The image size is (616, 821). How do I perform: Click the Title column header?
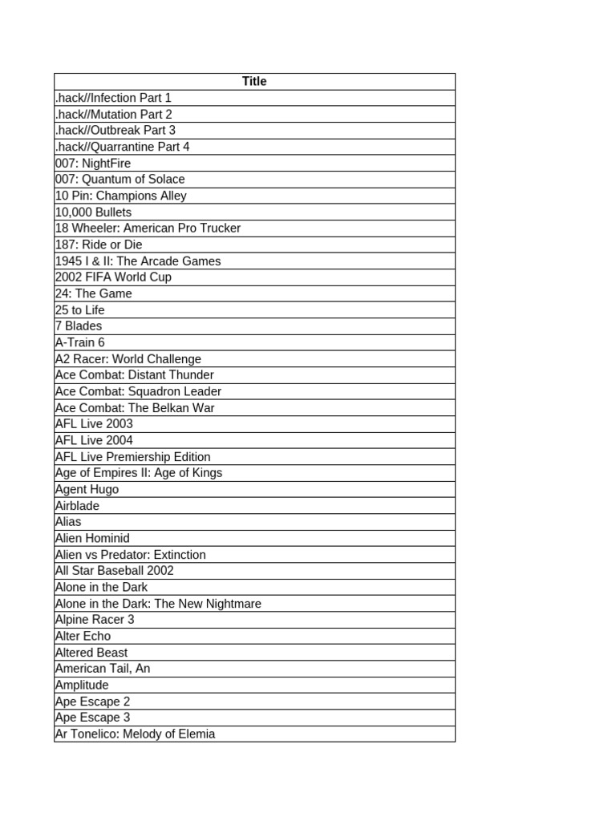[x=254, y=81]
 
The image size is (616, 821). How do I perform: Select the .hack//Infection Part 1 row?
[x=113, y=98]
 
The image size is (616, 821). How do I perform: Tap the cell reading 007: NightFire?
[x=93, y=164]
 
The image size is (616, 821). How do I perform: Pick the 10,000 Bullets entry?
[x=93, y=212]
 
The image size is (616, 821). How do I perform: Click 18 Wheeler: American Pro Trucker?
[x=148, y=229]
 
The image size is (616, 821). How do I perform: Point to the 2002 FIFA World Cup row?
[x=113, y=277]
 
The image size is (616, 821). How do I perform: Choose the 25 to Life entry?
[x=80, y=310]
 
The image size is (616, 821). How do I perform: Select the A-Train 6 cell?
[x=80, y=342]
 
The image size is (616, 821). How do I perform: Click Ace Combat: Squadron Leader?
[x=138, y=391]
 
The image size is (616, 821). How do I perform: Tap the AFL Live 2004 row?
[x=94, y=440]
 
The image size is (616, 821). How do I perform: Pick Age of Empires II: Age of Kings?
[x=139, y=473]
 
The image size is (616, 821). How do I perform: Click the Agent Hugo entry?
[x=87, y=489]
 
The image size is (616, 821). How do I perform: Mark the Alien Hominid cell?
[x=92, y=538]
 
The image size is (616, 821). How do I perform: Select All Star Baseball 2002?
[x=115, y=571]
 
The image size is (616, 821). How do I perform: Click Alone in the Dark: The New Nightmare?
[x=158, y=604]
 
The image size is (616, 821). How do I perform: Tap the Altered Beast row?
[x=91, y=653]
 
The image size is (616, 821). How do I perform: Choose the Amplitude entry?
[x=82, y=686]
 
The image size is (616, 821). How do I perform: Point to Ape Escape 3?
[x=92, y=718]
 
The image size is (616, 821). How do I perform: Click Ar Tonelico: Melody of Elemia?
[x=135, y=734]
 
